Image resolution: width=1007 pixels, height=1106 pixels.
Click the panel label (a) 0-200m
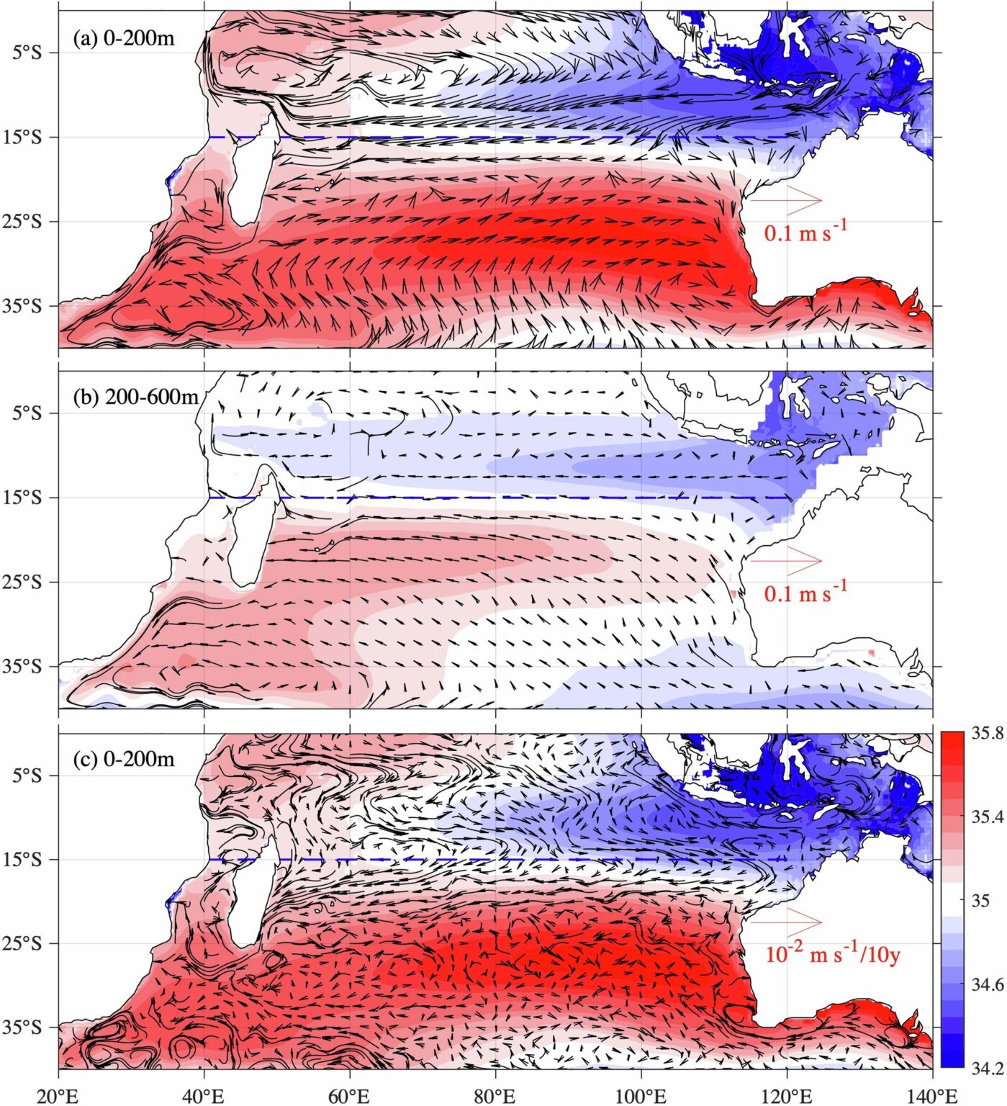[124, 38]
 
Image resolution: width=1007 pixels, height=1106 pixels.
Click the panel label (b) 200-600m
[135, 397]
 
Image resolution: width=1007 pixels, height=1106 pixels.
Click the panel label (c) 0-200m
[124, 759]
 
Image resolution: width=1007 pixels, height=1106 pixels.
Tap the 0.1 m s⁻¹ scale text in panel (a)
[805, 231]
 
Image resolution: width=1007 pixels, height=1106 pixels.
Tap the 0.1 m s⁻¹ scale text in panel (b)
[805, 592]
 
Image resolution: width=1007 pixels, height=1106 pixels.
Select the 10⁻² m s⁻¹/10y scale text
[832, 954]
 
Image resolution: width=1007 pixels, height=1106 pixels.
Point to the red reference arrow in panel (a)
[786, 199]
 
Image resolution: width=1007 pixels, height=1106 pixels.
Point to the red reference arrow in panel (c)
[786, 922]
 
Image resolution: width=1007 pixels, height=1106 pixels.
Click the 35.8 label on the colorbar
[987, 734]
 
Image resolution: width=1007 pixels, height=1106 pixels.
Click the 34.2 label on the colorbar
[987, 1068]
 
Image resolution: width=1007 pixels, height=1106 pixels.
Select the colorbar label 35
[980, 900]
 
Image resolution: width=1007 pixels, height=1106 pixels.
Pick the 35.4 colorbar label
[987, 817]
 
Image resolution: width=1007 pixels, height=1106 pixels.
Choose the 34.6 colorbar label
[987, 984]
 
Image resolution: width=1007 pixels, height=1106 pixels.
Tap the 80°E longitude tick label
[495, 1096]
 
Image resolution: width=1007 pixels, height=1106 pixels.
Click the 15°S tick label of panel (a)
[30, 137]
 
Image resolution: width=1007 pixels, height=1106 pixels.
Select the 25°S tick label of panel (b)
[30, 582]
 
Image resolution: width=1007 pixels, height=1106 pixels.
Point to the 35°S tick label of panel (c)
[30, 1027]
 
